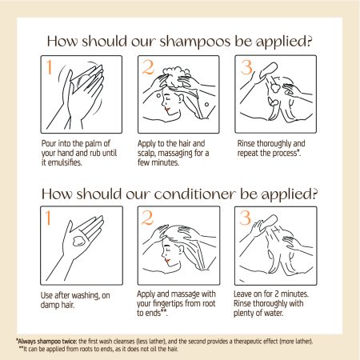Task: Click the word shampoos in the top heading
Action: [195, 42]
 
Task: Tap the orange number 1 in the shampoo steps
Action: [49, 67]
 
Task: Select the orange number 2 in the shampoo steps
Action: [148, 67]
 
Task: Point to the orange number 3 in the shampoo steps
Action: [246, 67]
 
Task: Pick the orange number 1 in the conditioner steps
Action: [48, 218]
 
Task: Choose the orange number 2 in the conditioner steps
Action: [147, 218]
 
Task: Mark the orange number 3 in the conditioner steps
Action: [246, 218]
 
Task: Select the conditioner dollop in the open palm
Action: [78, 241]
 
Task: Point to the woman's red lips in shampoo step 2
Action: [167, 109]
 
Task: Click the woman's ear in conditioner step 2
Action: [182, 250]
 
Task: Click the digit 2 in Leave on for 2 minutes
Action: [277, 294]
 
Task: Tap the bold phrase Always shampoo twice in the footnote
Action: [47, 342]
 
